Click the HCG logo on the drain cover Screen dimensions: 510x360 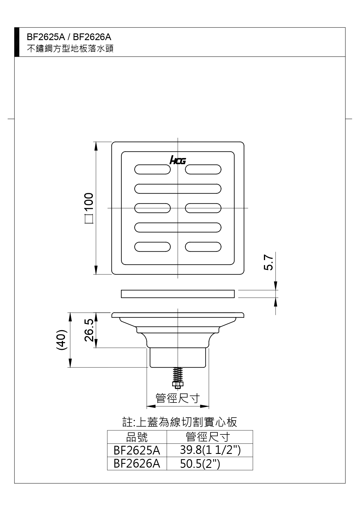[x=177, y=160]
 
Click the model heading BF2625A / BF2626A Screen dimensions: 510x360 [x=69, y=37]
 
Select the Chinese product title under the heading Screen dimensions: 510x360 [x=70, y=49]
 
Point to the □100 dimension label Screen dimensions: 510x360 [x=89, y=208]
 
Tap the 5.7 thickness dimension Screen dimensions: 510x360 [x=269, y=262]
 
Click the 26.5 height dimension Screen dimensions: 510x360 [x=89, y=330]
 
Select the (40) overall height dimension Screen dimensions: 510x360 [x=62, y=340]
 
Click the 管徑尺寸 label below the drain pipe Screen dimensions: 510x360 [x=178, y=398]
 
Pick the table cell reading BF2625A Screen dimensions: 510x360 [x=137, y=450]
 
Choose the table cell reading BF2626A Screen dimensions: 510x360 [x=137, y=464]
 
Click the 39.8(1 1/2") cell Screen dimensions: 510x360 [x=210, y=450]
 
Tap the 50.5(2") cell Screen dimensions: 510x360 [x=200, y=464]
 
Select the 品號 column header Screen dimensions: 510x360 [x=137, y=437]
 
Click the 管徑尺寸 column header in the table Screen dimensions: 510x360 [x=208, y=437]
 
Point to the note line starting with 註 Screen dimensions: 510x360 [x=180, y=422]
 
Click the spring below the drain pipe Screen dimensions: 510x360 [x=178, y=375]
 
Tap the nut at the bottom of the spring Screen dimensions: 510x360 [x=178, y=385]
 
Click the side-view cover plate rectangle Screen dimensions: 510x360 [x=178, y=294]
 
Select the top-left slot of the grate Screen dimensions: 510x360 [x=152, y=169]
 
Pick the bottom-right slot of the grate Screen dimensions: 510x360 [x=203, y=247]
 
